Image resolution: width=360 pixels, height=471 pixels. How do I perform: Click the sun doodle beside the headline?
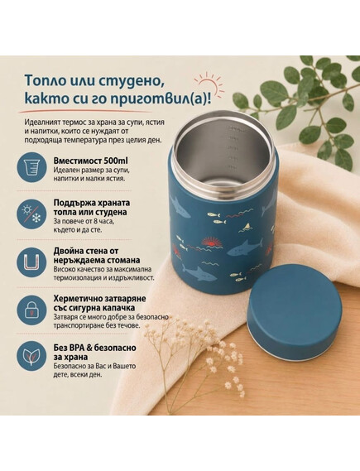point(209,84)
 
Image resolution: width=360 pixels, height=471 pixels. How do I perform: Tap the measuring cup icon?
point(31,166)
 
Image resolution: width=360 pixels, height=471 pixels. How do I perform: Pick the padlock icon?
point(31,311)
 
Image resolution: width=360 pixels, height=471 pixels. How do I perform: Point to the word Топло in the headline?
point(47,81)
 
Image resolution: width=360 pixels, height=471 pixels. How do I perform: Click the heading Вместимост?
point(78,161)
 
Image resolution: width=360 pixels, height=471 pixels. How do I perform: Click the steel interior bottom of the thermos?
point(223,184)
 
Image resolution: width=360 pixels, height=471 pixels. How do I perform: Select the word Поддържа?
point(74,203)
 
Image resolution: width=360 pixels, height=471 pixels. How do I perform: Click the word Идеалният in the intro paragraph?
point(43,123)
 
